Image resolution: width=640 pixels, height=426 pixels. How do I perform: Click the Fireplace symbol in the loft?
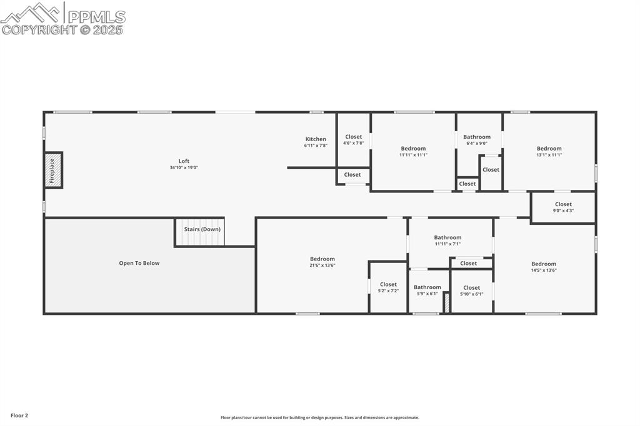click(53, 170)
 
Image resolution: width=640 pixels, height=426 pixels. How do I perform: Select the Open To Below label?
click(139, 263)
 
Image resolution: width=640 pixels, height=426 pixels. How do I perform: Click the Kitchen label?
click(316, 139)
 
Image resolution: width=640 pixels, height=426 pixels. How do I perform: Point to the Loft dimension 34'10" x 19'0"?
click(184, 167)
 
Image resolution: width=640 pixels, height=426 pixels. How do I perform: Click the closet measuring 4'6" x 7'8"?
click(353, 140)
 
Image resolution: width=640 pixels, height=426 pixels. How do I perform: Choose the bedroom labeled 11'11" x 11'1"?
click(413, 151)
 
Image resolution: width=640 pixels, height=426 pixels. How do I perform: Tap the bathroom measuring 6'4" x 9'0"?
click(476, 139)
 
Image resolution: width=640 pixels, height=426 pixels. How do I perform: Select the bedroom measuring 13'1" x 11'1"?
click(549, 151)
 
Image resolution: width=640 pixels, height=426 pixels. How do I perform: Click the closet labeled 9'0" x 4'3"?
click(563, 207)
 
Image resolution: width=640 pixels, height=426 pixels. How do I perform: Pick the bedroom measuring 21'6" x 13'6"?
click(322, 262)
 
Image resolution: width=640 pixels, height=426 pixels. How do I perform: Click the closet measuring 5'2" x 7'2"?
click(388, 287)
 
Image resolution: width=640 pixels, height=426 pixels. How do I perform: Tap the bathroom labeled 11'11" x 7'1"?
click(447, 240)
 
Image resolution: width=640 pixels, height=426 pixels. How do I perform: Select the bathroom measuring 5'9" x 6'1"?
click(427, 290)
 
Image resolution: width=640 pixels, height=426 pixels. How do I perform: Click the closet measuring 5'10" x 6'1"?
click(471, 290)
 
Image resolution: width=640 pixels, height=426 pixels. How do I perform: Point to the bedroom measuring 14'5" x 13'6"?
click(544, 267)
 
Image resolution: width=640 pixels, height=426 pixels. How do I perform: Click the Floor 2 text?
click(19, 415)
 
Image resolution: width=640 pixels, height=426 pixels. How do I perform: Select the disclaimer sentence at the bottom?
click(319, 418)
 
